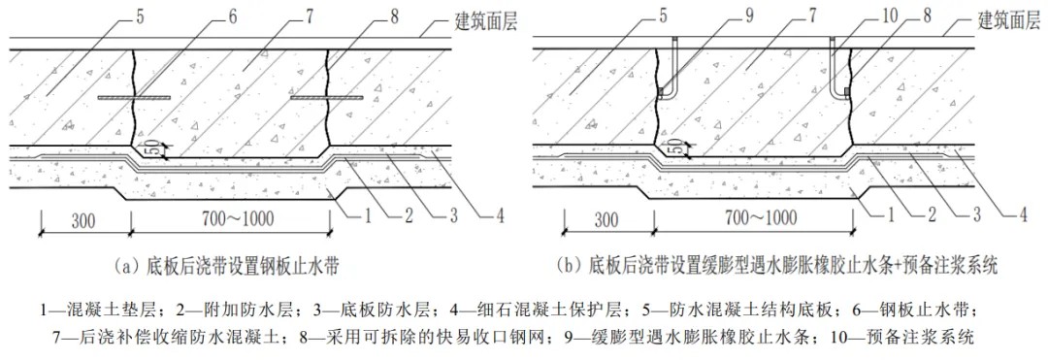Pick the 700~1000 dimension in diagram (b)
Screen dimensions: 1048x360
(753, 219)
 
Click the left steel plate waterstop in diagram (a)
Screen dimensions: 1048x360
(134, 98)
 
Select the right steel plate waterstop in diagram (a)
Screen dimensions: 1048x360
(328, 98)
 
